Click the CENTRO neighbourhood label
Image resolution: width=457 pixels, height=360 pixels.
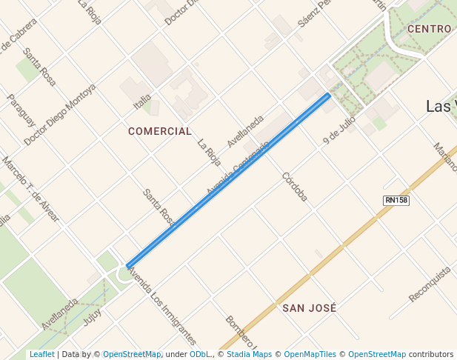point(429,29)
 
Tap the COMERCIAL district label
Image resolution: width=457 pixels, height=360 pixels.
point(160,131)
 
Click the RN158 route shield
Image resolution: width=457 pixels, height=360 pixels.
point(396,201)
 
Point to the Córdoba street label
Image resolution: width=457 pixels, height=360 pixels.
point(294,187)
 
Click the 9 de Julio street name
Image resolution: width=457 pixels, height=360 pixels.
point(339,129)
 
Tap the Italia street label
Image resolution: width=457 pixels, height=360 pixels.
point(142,101)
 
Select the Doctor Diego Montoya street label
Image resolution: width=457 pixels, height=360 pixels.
point(60,114)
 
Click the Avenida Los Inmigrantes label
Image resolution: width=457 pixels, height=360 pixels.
point(161,307)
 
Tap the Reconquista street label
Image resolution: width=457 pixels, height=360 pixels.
point(430,284)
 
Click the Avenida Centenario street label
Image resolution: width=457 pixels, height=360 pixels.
point(237,170)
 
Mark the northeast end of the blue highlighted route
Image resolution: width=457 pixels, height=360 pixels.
point(329,96)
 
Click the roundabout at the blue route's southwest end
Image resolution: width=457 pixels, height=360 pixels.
point(124,273)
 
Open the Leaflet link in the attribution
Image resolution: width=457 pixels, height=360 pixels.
point(41,354)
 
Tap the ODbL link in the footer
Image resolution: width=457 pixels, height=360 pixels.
point(200,354)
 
